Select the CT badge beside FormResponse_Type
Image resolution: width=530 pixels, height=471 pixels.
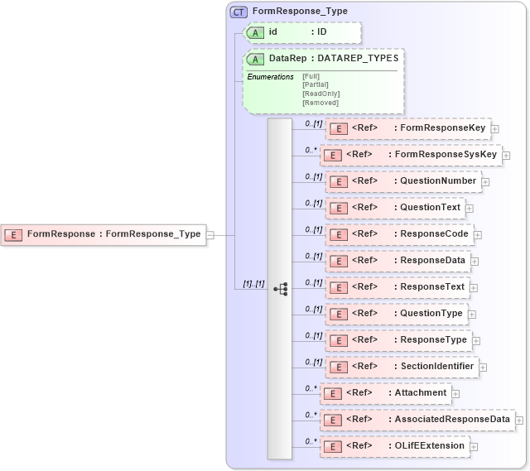coord(238,12)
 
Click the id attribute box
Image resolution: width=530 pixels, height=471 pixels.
coord(302,32)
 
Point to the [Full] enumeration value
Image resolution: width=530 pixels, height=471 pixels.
coord(311,76)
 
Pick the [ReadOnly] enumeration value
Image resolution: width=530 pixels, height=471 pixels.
coord(320,94)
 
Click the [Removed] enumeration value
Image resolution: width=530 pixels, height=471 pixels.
coord(320,103)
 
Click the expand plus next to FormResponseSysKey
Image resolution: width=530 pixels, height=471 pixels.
coord(506,155)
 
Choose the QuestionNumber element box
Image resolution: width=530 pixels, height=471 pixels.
coord(403,181)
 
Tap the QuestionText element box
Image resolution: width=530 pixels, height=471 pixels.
coord(395,208)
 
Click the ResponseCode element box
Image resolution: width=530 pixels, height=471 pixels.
coord(399,234)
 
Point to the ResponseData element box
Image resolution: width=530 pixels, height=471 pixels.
coord(398,261)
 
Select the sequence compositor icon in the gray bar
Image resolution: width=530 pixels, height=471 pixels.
coord(280,289)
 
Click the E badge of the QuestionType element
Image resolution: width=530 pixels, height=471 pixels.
coord(337,314)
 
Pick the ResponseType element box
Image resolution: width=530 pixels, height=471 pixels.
coord(398,340)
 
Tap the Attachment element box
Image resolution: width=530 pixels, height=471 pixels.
coord(385,393)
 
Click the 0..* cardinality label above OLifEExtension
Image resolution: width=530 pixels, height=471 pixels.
coord(311,441)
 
